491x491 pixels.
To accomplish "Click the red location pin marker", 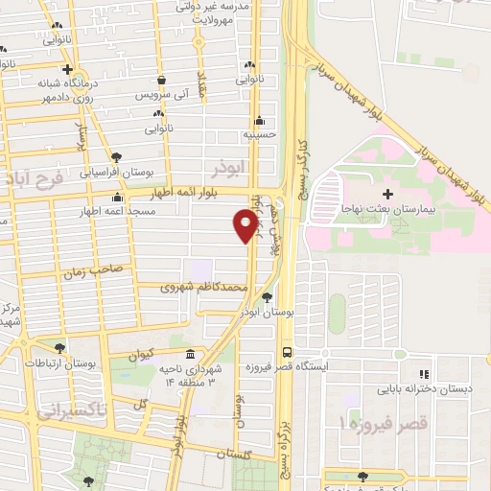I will (245, 224).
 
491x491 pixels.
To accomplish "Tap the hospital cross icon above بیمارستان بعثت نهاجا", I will (388, 196).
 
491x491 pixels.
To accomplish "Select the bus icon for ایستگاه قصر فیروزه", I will (286, 352).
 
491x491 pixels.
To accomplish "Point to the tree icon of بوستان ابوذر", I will (269, 297).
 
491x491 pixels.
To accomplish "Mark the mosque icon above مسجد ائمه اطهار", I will (117, 197).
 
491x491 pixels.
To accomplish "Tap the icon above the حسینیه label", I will (259, 122).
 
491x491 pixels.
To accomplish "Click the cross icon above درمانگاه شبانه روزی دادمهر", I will (67, 69).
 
